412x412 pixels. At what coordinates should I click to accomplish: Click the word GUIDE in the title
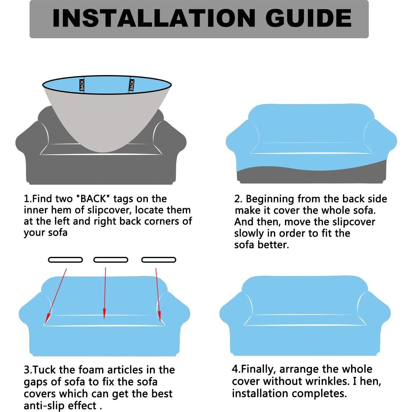(308, 18)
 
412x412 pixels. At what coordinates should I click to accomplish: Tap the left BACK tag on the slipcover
(82, 85)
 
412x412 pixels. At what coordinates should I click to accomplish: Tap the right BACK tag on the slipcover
(132, 85)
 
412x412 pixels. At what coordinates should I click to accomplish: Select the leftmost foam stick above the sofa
(66, 260)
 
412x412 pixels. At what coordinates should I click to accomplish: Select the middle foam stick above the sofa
(111, 260)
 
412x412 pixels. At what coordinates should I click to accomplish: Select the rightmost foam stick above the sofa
(159, 260)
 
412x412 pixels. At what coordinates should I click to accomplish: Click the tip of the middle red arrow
(104, 319)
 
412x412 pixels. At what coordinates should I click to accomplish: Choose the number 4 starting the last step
(235, 369)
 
